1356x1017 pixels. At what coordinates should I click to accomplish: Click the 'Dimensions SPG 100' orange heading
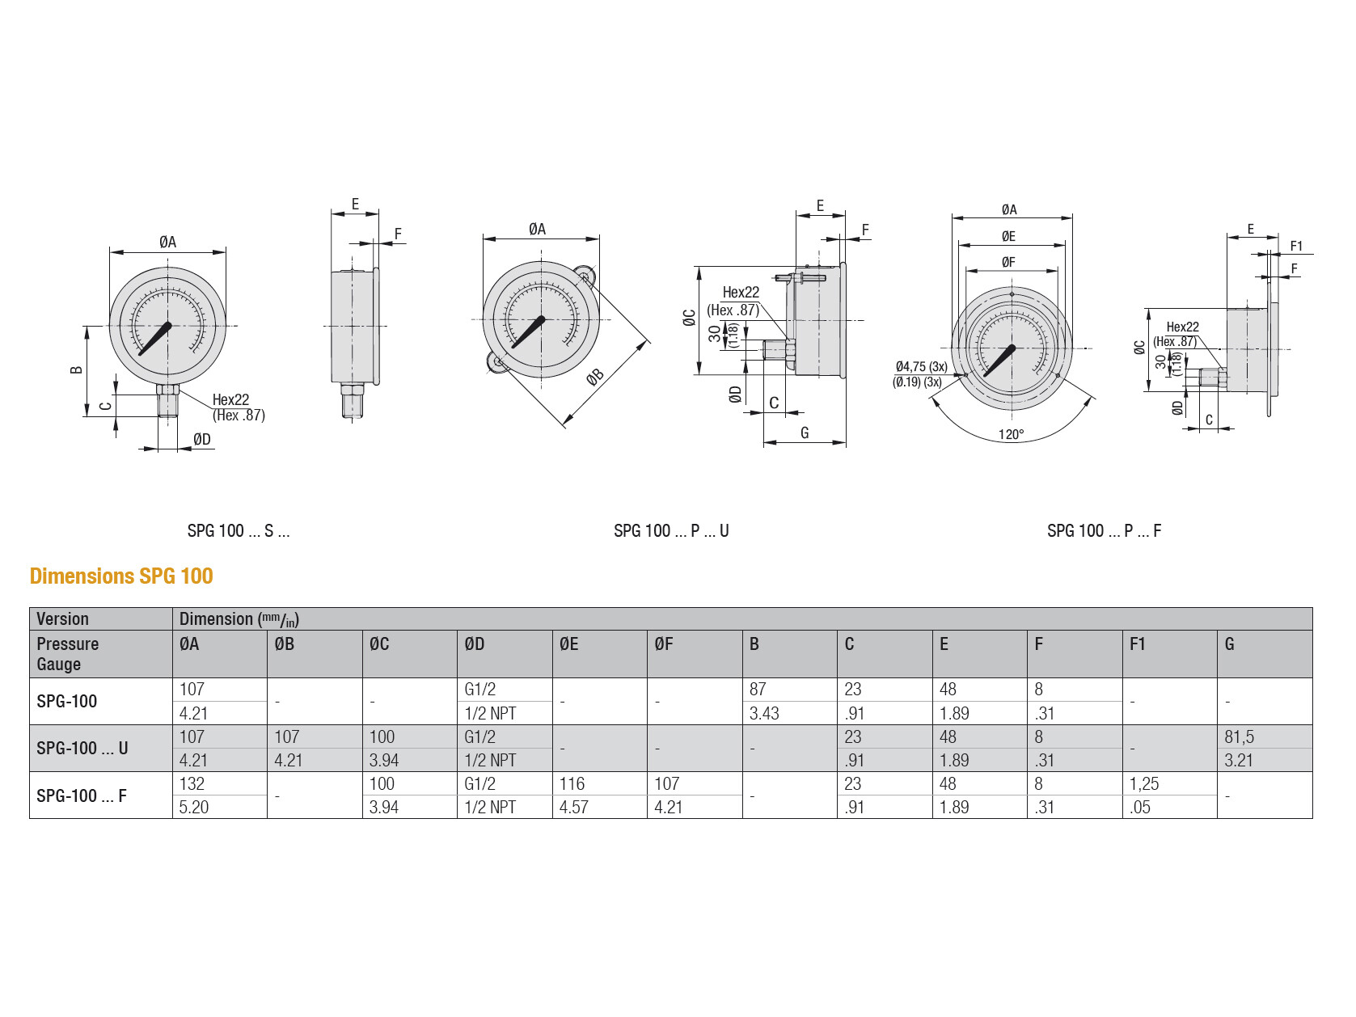[x=121, y=576]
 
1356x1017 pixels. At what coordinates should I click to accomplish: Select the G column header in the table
[x=1229, y=644]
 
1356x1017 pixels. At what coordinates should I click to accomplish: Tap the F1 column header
[x=1138, y=644]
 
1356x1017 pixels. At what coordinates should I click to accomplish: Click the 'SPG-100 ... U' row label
[x=82, y=748]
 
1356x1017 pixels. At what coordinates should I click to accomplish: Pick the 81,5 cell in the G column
[x=1240, y=736]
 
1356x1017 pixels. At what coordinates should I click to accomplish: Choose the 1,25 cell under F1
[x=1144, y=783]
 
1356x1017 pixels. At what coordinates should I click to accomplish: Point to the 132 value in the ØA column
[x=192, y=783]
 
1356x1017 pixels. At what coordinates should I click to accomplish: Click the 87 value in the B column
[x=758, y=689]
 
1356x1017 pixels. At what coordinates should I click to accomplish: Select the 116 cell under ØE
[x=572, y=783]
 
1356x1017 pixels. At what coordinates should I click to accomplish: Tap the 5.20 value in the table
[x=194, y=807]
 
